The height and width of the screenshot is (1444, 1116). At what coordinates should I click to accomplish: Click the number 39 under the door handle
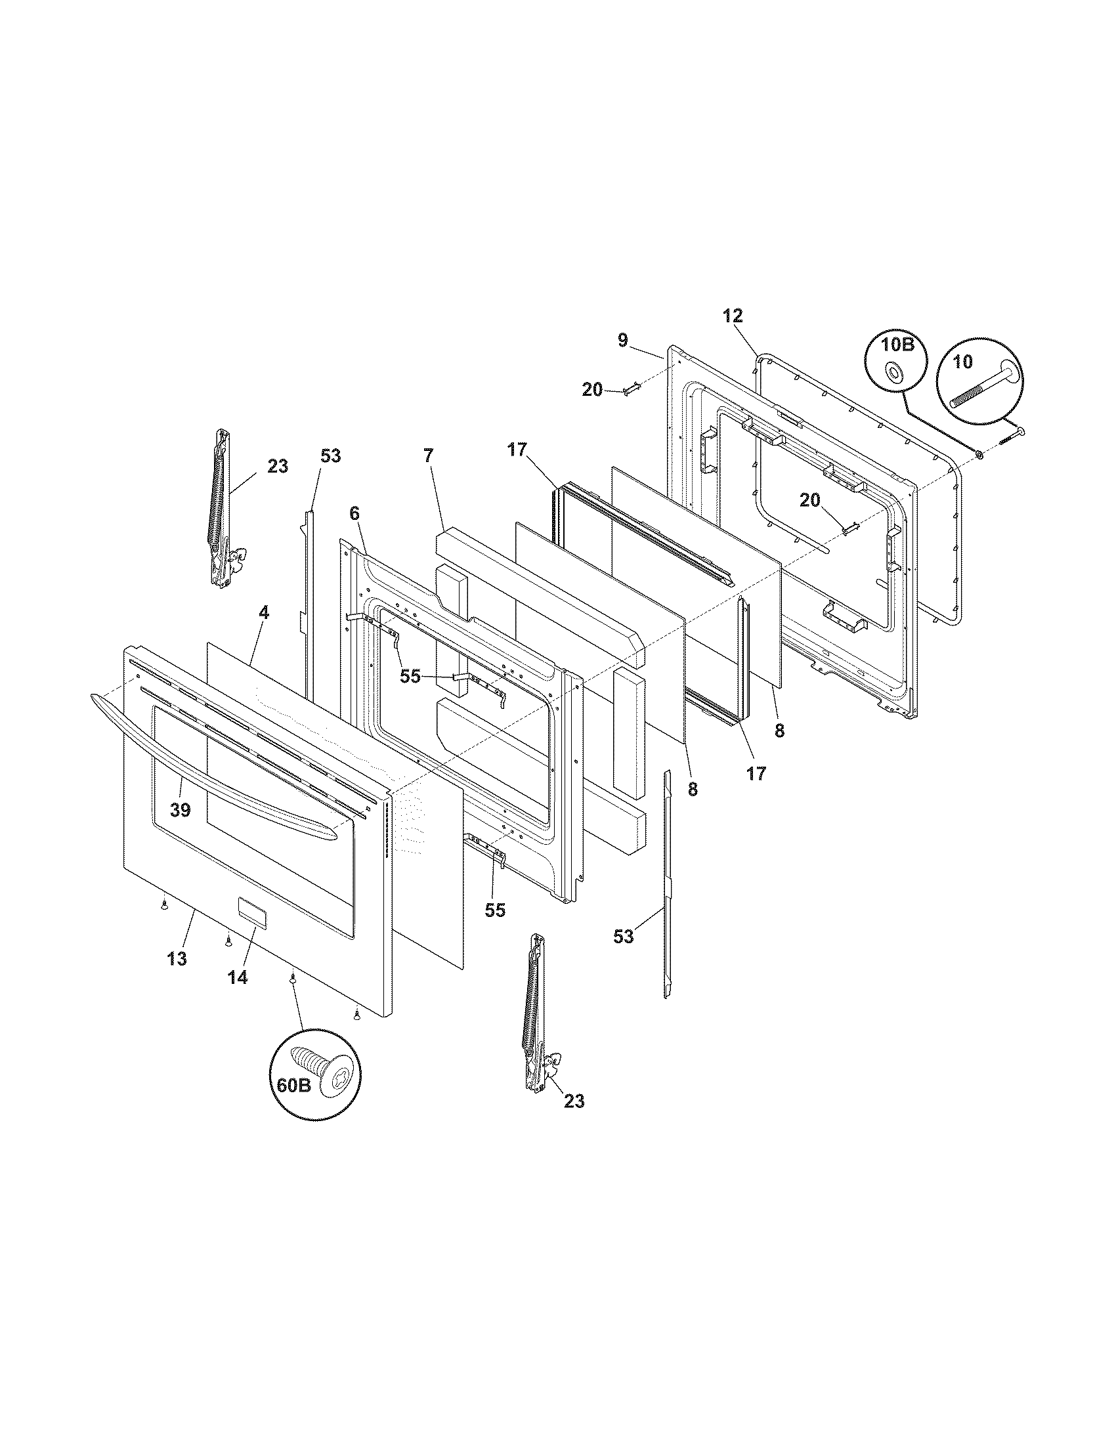pos(180,809)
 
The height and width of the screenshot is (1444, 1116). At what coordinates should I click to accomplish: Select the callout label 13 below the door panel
pos(177,959)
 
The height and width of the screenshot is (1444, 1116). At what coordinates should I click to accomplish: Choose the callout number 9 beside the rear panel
pos(623,341)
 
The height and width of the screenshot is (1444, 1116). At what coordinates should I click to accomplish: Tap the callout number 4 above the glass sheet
pos(264,612)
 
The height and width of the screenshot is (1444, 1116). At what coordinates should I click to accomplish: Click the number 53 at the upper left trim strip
pos(331,456)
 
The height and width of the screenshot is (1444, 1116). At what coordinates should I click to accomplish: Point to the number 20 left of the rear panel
pos(592,390)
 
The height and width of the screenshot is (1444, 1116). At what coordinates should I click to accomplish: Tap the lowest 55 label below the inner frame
pos(495,910)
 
